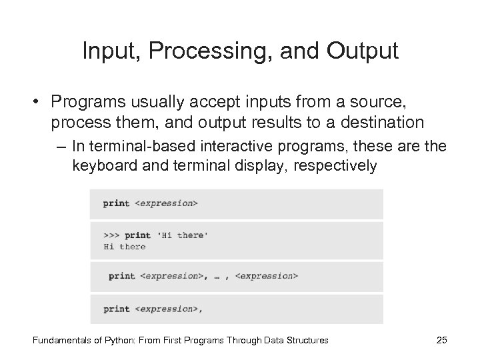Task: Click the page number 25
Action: pos(441,340)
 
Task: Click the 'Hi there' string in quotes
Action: pos(182,235)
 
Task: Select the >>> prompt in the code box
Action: pos(111,235)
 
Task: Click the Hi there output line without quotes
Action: pos(125,247)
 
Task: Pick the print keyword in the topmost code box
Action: pos(117,203)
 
